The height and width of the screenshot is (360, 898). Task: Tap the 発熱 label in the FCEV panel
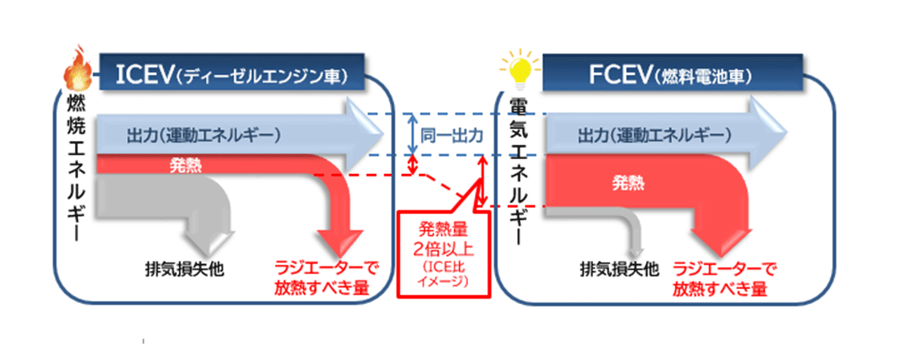pos(628,184)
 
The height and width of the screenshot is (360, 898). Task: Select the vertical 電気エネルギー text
pos(518,169)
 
